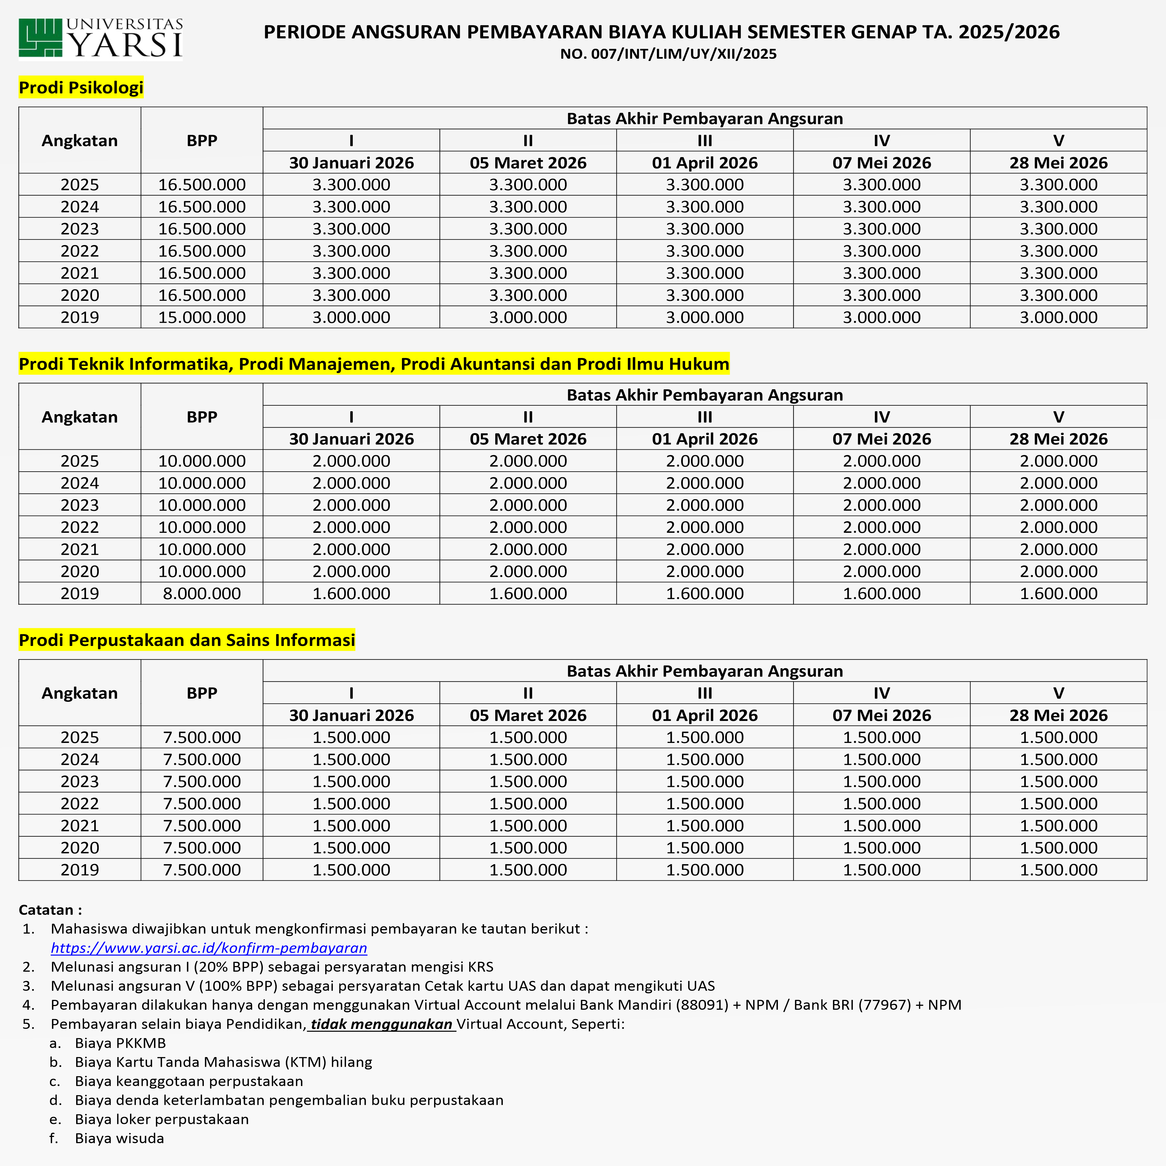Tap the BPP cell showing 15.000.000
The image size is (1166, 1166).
click(x=202, y=318)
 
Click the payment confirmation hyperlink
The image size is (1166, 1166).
click(x=209, y=948)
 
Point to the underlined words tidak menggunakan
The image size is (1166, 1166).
click(x=381, y=1024)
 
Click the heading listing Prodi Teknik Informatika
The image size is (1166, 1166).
click(x=374, y=364)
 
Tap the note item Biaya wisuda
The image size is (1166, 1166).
click(x=120, y=1138)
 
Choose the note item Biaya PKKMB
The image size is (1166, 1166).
click(x=120, y=1043)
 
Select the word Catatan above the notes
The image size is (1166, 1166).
click(x=47, y=910)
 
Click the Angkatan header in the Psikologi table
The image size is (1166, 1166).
click(x=80, y=141)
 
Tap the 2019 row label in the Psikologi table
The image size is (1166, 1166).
click(x=80, y=318)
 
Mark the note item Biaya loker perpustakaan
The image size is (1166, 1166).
click(x=162, y=1119)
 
